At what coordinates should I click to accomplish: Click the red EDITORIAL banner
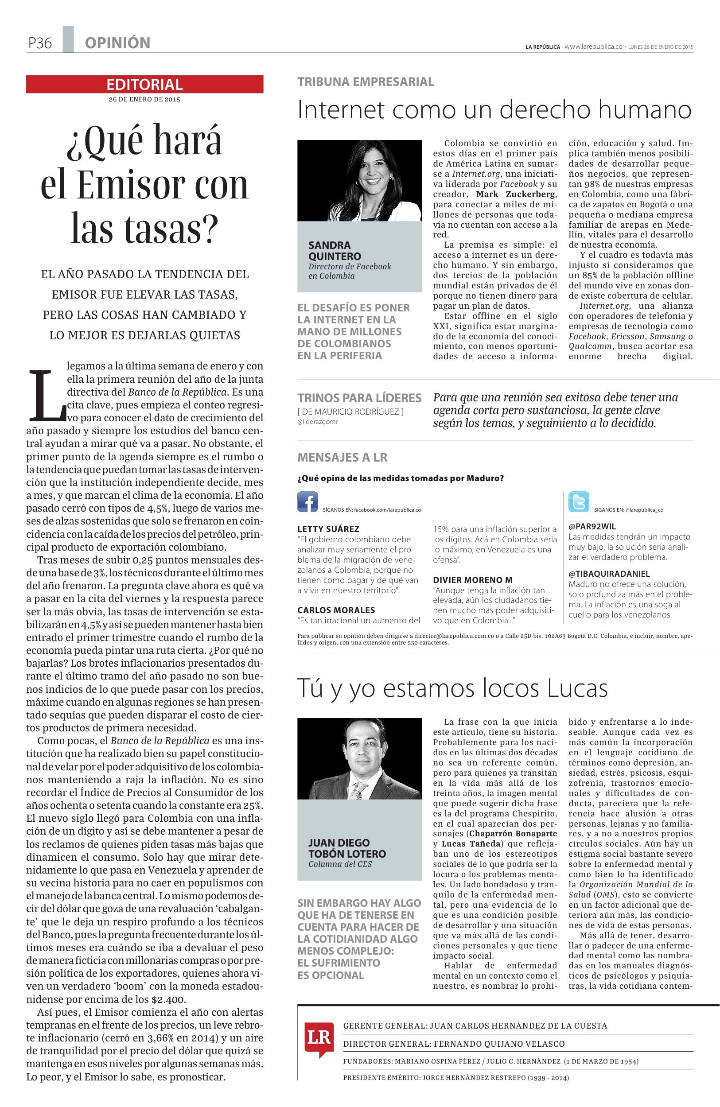point(144,84)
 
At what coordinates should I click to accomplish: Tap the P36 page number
point(39,43)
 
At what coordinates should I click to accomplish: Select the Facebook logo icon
point(307,502)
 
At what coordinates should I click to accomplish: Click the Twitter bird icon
point(579,502)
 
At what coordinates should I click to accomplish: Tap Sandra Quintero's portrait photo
point(359,180)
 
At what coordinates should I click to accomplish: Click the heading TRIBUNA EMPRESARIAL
point(366,82)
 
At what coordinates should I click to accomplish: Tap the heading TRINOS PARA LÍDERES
point(359,398)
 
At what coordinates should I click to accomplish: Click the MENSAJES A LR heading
point(342,457)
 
